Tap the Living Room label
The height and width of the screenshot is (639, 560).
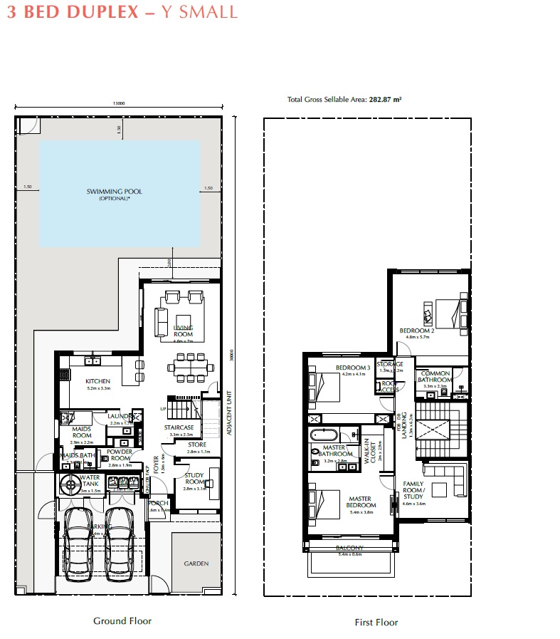pos(184,331)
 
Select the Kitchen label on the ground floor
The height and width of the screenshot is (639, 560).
pos(97,381)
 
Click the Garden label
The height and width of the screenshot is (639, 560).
pos(196,563)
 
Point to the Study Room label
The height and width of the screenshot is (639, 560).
pos(194,479)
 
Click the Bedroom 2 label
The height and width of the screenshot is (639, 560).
pos(416,331)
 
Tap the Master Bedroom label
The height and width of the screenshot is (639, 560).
pos(361,502)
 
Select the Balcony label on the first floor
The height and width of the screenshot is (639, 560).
pos(349,548)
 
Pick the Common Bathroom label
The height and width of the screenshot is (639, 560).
pos(433,377)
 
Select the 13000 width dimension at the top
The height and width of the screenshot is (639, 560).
pos(119,104)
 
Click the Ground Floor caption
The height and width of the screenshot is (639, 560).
pos(122,620)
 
